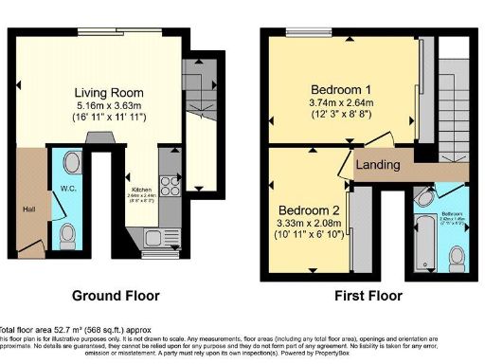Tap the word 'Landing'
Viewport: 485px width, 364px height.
pyautogui.click(x=378, y=166)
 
